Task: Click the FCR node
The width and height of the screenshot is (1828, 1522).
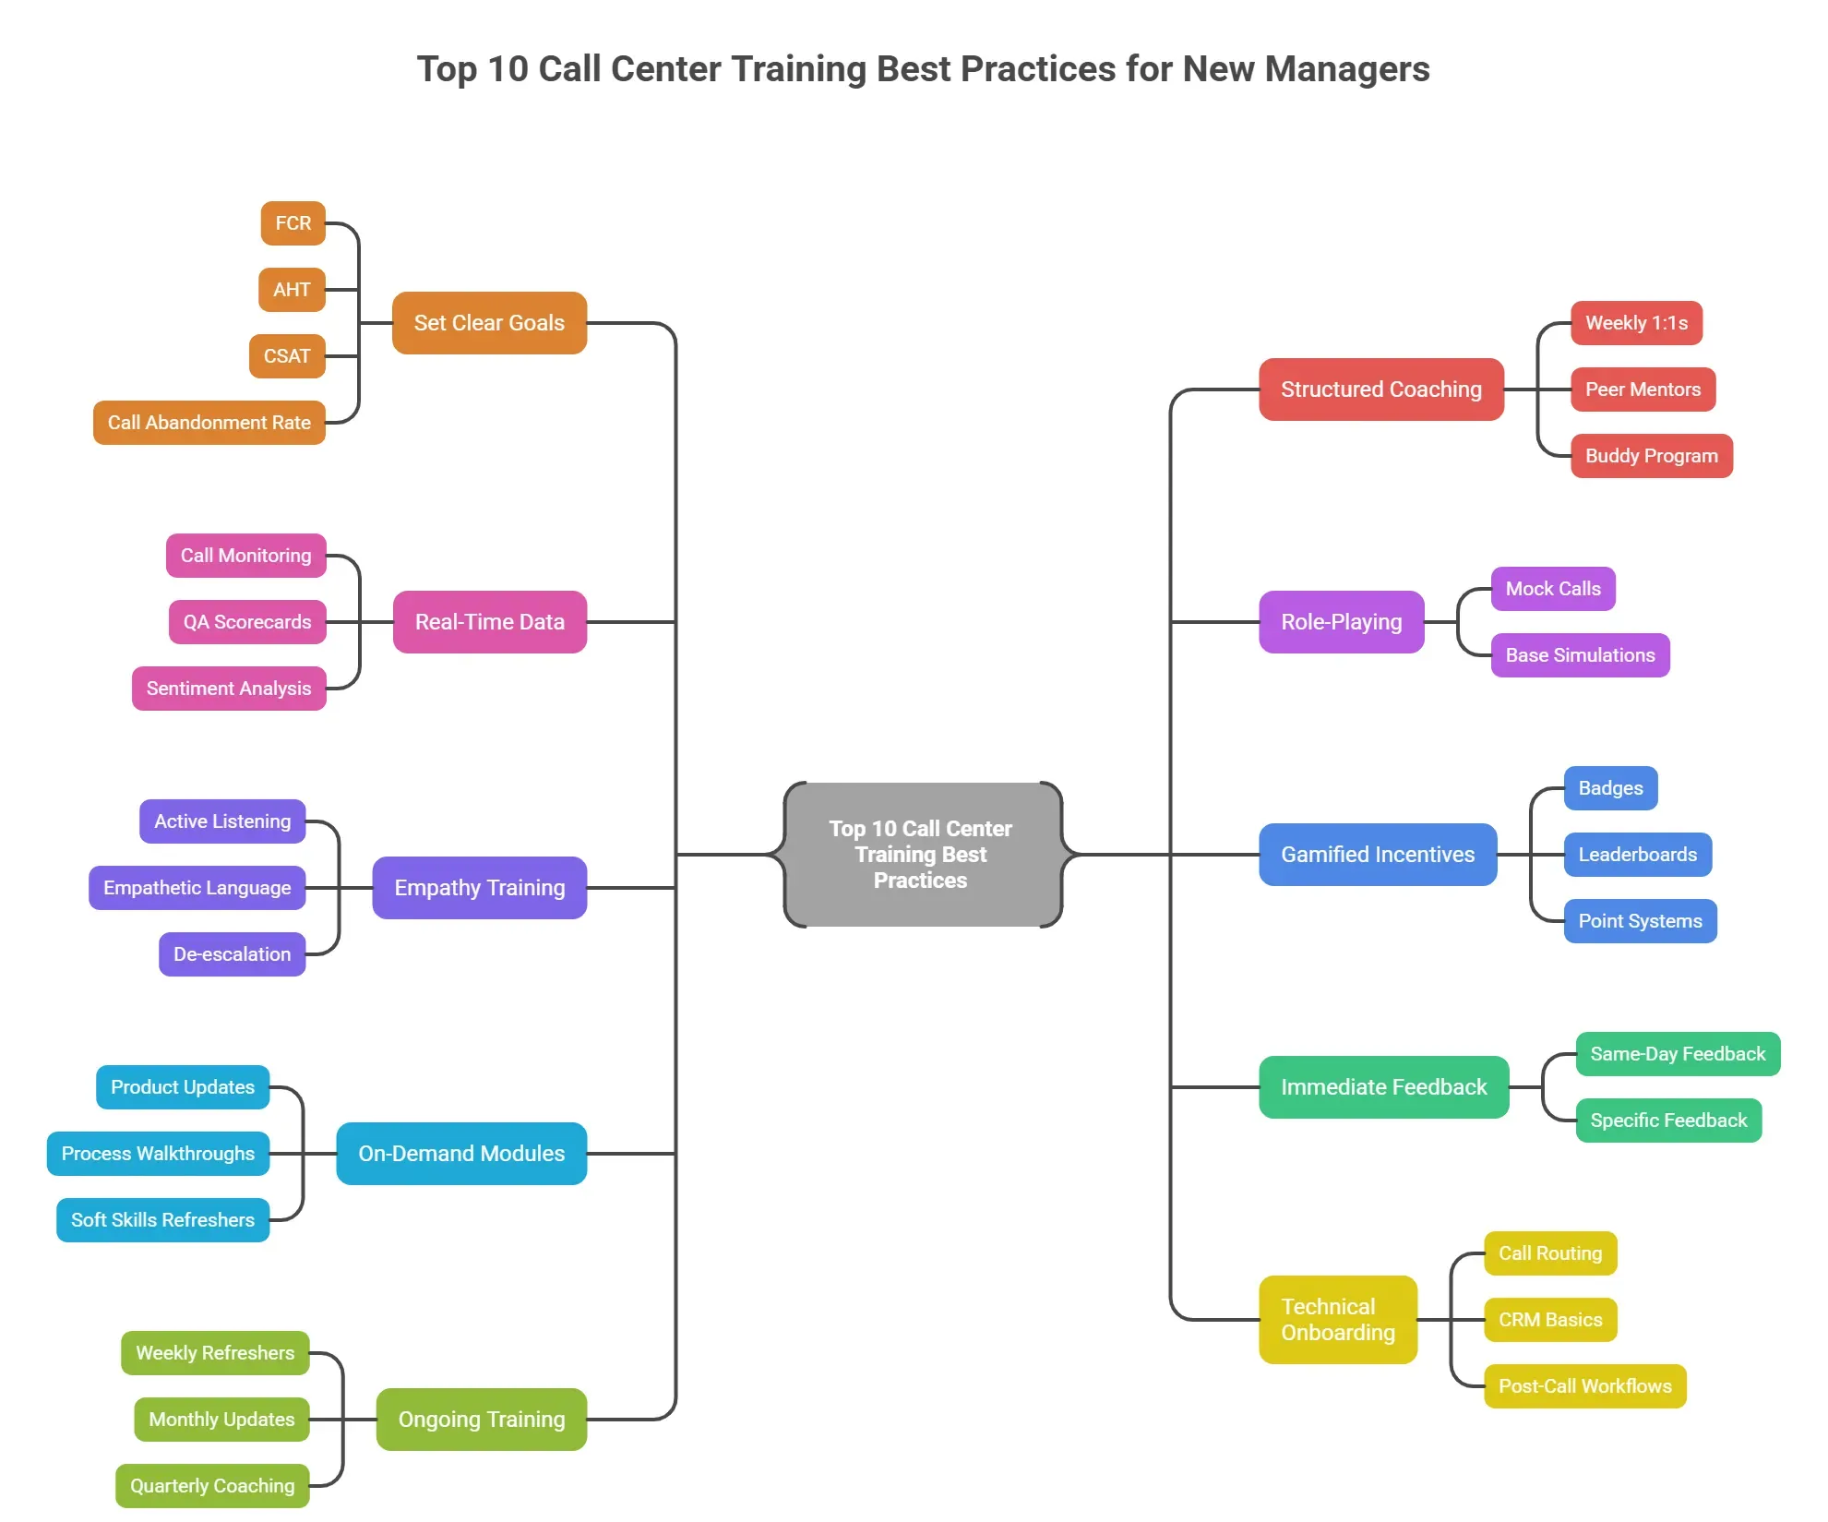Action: (x=293, y=223)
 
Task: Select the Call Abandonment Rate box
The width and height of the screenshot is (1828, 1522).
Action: (x=209, y=423)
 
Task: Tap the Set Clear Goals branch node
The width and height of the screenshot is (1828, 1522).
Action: (x=489, y=323)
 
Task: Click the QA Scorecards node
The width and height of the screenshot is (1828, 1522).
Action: (x=246, y=622)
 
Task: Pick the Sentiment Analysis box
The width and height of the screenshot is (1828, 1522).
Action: (x=229, y=689)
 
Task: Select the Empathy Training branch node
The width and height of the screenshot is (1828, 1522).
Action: (x=479, y=888)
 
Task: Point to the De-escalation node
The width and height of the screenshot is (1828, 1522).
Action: (x=232, y=954)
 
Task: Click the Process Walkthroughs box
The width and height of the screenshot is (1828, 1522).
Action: (x=158, y=1154)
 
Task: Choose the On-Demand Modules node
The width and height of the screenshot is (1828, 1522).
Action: (x=461, y=1154)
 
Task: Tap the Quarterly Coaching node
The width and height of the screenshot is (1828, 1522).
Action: (x=212, y=1486)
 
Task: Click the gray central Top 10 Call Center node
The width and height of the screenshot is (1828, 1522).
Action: (x=922, y=855)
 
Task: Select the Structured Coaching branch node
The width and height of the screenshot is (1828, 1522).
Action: (x=1380, y=389)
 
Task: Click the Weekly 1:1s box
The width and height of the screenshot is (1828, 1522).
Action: (x=1636, y=323)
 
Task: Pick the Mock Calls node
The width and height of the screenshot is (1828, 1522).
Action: (x=1552, y=589)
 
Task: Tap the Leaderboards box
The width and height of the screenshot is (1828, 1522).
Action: (x=1637, y=855)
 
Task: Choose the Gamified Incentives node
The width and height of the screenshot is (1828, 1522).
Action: (x=1377, y=855)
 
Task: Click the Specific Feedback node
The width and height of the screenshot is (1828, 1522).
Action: (x=1667, y=1121)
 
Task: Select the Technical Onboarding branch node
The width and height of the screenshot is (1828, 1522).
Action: (x=1337, y=1320)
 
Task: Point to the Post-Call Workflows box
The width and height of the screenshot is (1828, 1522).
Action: (x=1584, y=1386)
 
